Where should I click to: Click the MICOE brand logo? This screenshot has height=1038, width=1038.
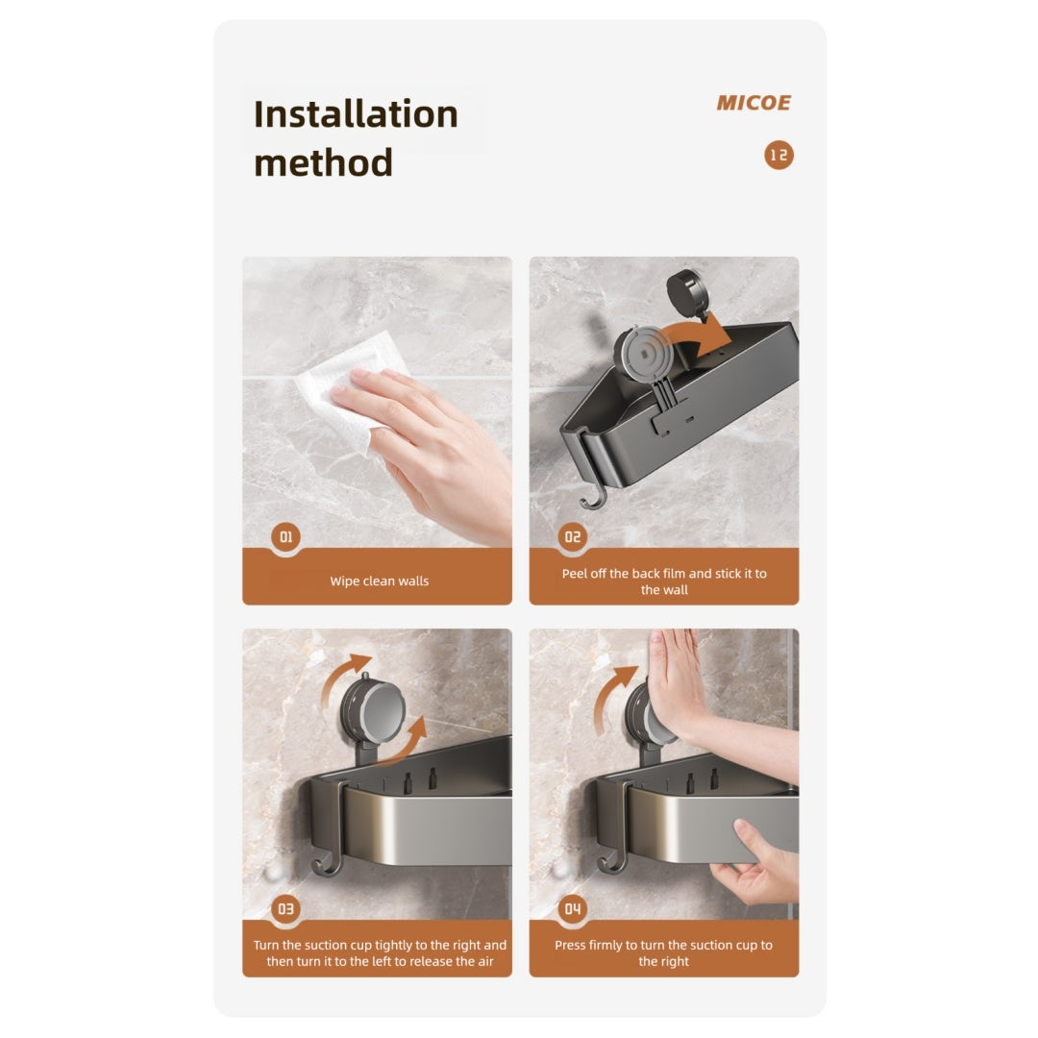tap(753, 103)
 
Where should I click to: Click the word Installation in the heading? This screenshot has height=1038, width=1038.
tap(356, 114)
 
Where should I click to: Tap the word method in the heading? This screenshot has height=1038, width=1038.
tap(323, 162)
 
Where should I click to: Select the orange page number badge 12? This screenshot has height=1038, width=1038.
tap(778, 155)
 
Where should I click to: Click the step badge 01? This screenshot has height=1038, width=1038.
tap(285, 537)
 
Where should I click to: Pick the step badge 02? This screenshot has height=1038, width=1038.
tap(573, 537)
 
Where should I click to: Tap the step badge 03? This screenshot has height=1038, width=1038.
tap(285, 908)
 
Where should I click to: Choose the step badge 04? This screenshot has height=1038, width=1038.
tap(573, 908)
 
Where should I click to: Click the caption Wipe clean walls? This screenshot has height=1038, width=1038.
tap(379, 581)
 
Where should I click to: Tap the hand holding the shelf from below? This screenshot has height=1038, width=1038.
tap(759, 865)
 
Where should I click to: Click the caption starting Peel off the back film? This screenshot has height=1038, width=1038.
tap(664, 581)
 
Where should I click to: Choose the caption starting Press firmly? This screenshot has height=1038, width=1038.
tap(663, 952)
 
